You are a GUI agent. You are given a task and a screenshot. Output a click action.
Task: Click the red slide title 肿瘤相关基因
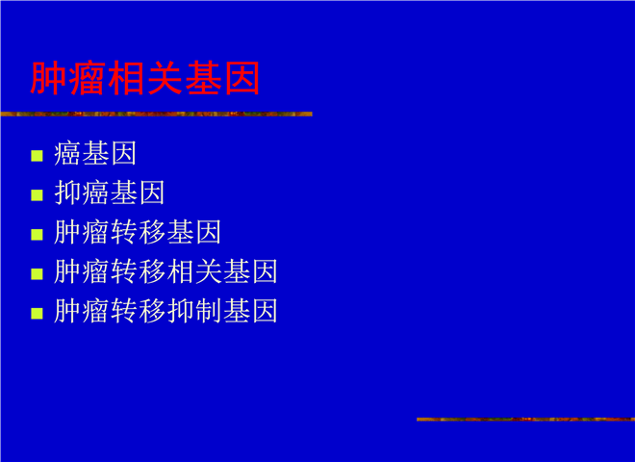[145, 78]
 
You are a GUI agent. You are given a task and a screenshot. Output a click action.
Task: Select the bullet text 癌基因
[94, 154]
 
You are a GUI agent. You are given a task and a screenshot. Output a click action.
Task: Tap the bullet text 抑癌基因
[109, 192]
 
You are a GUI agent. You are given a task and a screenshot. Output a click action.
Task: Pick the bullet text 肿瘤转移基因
[138, 232]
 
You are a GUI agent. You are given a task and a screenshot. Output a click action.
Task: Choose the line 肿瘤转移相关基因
[165, 271]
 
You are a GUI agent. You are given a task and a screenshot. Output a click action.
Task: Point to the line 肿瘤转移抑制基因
[165, 311]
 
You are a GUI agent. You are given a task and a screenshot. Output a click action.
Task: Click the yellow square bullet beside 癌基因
[37, 156]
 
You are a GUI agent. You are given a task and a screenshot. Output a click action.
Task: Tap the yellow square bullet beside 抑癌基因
[37, 195]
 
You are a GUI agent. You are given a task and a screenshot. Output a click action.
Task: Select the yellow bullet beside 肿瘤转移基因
[37, 234]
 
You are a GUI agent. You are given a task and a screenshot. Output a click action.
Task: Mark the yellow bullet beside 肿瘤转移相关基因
[37, 273]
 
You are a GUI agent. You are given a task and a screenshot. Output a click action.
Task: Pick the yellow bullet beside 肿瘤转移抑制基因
[37, 313]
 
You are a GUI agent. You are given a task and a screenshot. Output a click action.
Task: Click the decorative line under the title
[156, 114]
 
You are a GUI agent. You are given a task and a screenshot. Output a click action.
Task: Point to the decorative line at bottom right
[525, 419]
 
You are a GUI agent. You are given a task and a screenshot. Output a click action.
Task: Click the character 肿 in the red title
[48, 78]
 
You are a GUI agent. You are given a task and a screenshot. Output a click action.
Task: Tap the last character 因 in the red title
[242, 78]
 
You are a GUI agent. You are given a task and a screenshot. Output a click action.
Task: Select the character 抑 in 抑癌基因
[67, 192]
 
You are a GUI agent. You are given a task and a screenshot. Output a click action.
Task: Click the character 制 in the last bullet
[208, 311]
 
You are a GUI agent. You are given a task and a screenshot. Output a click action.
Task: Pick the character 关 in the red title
[165, 78]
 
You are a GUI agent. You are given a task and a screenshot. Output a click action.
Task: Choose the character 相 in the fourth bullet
[179, 271]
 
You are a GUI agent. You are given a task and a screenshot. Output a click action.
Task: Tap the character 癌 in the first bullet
[67, 154]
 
